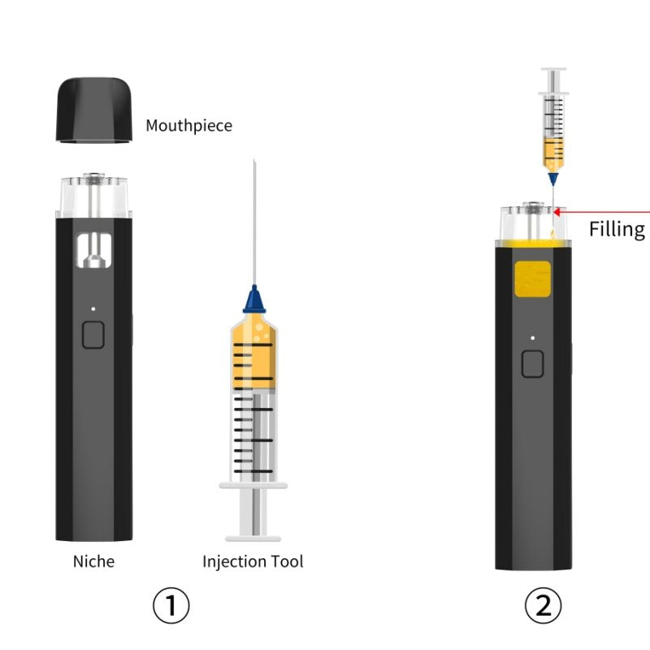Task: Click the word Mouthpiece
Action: click(x=188, y=126)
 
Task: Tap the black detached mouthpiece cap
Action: click(x=94, y=110)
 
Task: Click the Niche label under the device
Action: click(x=93, y=561)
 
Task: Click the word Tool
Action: click(x=287, y=561)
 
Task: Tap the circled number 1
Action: click(x=171, y=605)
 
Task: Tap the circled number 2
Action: click(x=543, y=605)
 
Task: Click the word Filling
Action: click(x=617, y=229)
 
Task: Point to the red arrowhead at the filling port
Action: click(x=557, y=212)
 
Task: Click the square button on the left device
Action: click(x=93, y=335)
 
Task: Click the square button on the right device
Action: click(x=533, y=364)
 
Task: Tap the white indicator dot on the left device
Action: click(x=93, y=309)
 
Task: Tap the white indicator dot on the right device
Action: click(x=533, y=338)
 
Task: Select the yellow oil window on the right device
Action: click(x=533, y=279)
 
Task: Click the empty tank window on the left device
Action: click(x=94, y=250)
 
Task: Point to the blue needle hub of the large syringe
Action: click(x=254, y=299)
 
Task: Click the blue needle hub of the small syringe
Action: click(x=553, y=179)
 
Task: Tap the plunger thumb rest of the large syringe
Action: click(x=253, y=539)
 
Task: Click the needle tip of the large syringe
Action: click(x=254, y=161)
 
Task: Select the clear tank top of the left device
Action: click(x=94, y=196)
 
